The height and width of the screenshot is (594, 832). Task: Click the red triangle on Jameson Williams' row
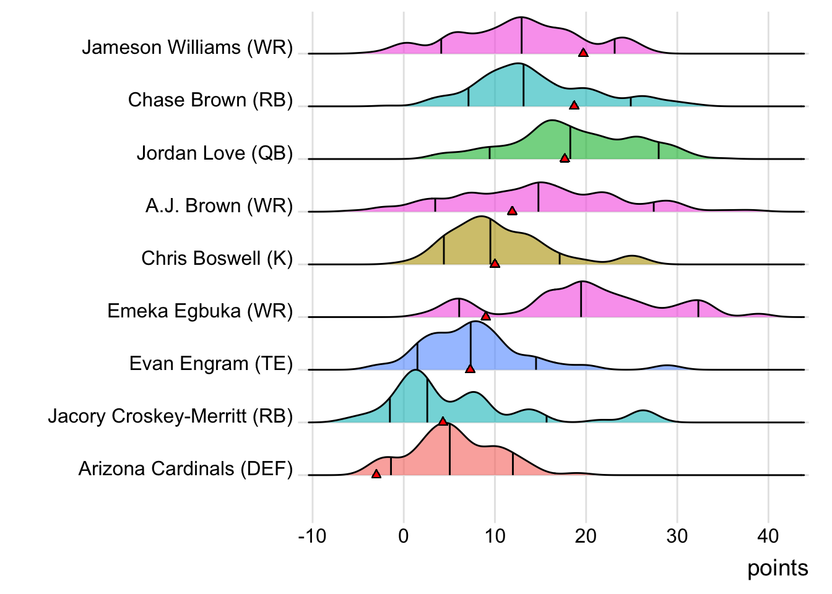tap(583, 53)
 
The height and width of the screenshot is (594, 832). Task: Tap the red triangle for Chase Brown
tap(574, 106)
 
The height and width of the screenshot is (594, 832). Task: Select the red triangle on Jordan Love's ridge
tap(565, 158)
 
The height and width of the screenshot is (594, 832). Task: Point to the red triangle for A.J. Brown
tap(512, 211)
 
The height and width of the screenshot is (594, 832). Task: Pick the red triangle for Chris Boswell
tap(495, 264)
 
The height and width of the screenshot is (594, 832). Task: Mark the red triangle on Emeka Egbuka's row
tap(486, 316)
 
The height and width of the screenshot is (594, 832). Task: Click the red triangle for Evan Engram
tap(470, 369)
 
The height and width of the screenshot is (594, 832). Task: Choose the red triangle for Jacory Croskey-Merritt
tap(443, 421)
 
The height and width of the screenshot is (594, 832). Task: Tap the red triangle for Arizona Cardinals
tap(376, 474)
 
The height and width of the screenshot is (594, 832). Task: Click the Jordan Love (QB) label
tap(214, 153)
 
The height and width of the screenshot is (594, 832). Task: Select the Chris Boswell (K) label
tap(217, 258)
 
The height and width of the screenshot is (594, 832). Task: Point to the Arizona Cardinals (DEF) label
tap(185, 469)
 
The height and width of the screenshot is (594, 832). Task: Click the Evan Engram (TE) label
tap(210, 363)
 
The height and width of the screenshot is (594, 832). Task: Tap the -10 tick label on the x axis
tap(312, 536)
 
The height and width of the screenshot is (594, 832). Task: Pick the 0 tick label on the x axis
tap(404, 536)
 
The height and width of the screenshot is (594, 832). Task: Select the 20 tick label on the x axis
tap(586, 536)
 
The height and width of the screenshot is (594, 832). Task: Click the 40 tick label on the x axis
tap(768, 536)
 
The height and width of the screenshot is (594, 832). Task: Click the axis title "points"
tap(778, 568)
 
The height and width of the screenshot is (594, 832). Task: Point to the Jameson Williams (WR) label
tap(187, 48)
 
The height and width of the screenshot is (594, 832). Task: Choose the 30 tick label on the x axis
tap(677, 536)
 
